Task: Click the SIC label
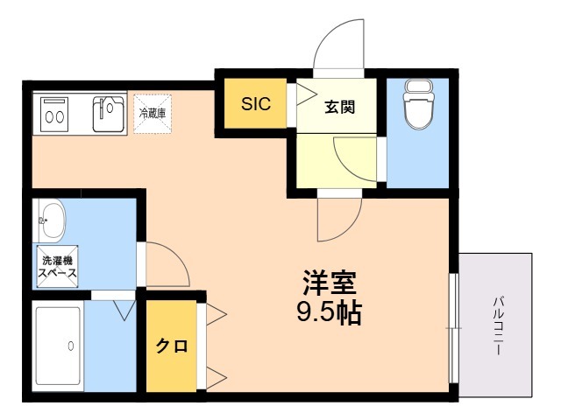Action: [257, 104]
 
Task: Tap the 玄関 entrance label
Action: [339, 108]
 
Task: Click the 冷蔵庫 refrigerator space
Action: [151, 113]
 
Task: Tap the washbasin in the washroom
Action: [51, 220]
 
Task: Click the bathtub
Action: [59, 345]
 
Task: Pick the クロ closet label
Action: [172, 346]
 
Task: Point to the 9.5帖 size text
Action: [329, 312]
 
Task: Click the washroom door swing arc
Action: [166, 262]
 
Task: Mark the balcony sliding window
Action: [453, 329]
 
